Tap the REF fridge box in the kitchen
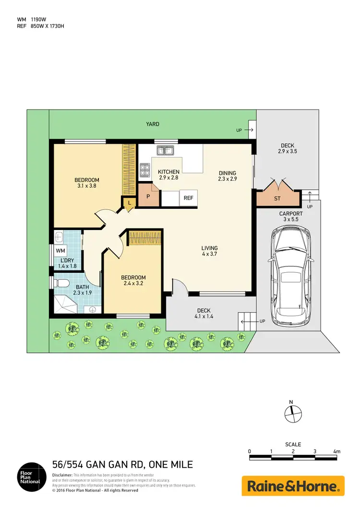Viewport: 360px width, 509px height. pyautogui.click(x=188, y=198)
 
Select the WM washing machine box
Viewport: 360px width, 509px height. pyautogui.click(x=60, y=251)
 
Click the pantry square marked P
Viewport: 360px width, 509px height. pyautogui.click(x=148, y=197)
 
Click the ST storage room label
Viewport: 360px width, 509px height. pyautogui.click(x=277, y=198)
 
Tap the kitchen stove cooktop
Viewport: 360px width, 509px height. pyautogui.click(x=144, y=169)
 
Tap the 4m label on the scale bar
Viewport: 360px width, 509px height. pyautogui.click(x=336, y=451)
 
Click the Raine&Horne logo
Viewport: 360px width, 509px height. pyautogui.click(x=293, y=486)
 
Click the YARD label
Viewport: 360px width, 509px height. pyautogui.click(x=153, y=124)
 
